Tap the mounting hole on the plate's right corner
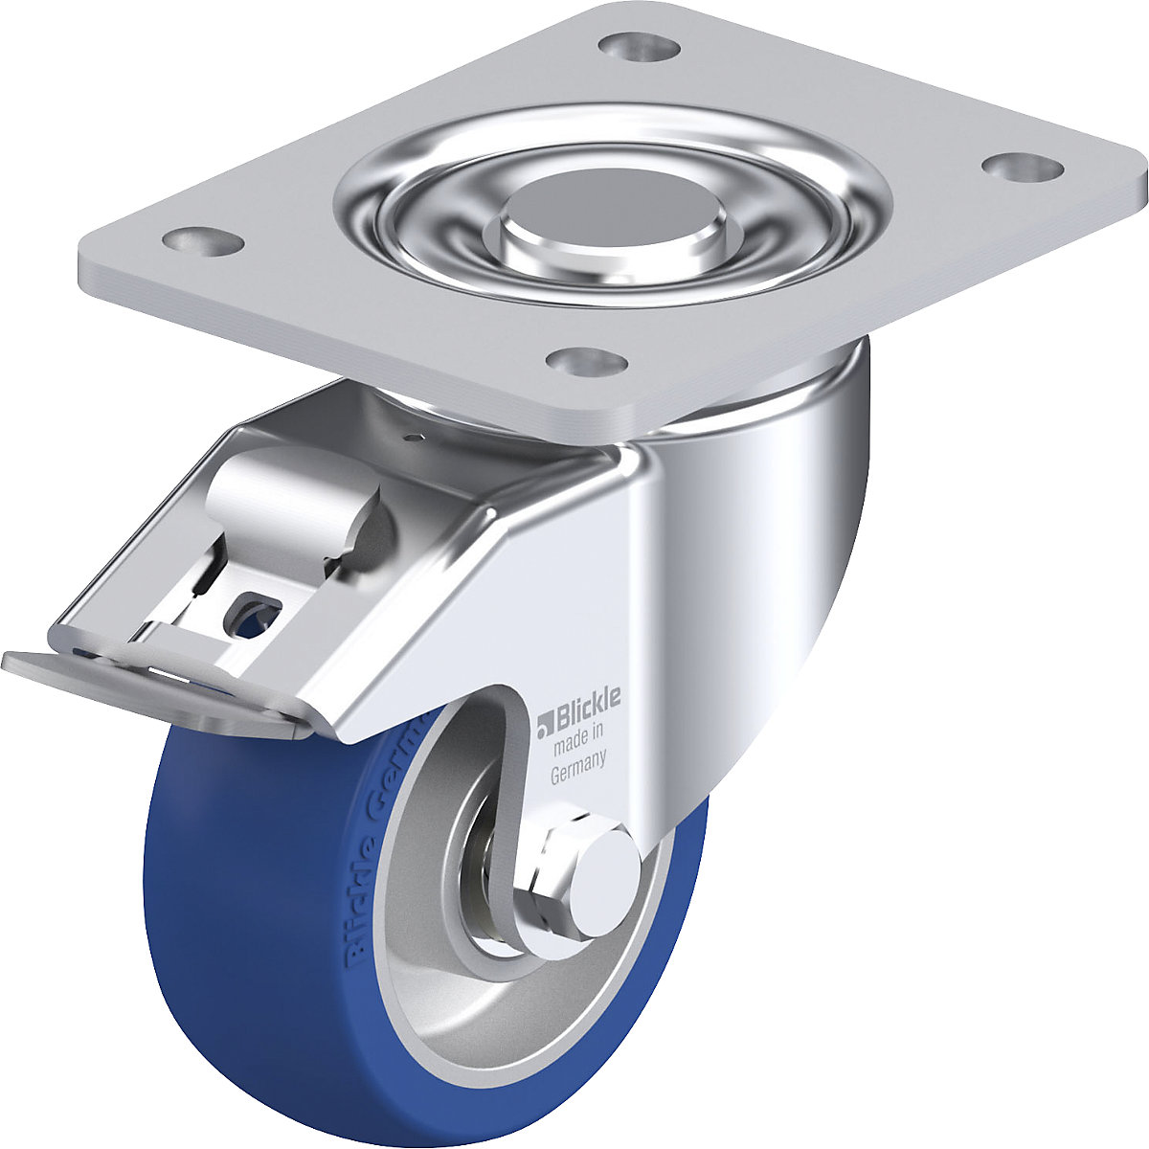(x=1023, y=167)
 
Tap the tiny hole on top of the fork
(x=414, y=439)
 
